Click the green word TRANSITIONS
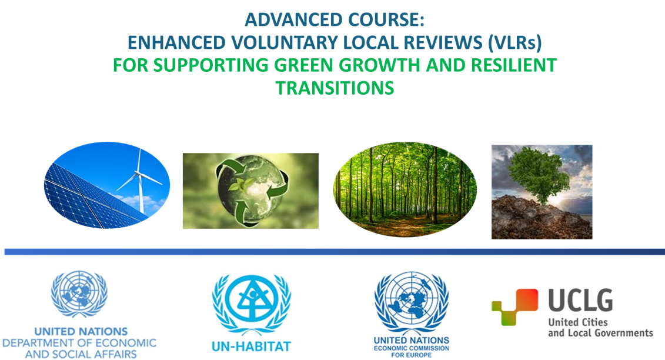pos(335,87)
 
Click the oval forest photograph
pos(405,189)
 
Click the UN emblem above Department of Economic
pos(79,294)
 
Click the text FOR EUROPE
pos(411,355)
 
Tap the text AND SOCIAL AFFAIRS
pos(79,354)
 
